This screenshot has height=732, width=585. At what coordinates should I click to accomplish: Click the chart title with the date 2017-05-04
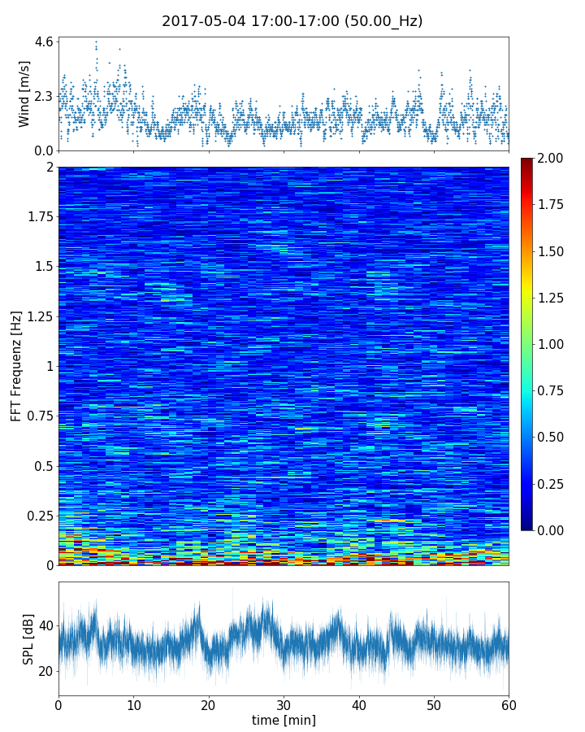(x=292, y=21)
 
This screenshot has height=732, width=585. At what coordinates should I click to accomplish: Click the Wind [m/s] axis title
(x=24, y=94)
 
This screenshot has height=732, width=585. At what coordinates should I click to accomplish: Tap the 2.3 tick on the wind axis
(x=44, y=96)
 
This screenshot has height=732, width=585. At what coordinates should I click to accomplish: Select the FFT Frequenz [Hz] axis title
(x=16, y=365)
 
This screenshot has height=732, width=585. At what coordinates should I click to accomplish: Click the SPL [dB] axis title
(x=28, y=639)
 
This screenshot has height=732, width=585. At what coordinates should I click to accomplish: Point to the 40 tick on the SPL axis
(x=45, y=625)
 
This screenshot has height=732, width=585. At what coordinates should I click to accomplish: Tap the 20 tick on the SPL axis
(x=45, y=671)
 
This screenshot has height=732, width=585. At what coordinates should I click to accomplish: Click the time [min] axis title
(x=284, y=720)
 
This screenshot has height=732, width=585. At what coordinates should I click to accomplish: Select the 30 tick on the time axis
(x=284, y=704)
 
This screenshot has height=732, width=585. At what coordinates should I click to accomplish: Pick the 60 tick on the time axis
(x=509, y=704)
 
